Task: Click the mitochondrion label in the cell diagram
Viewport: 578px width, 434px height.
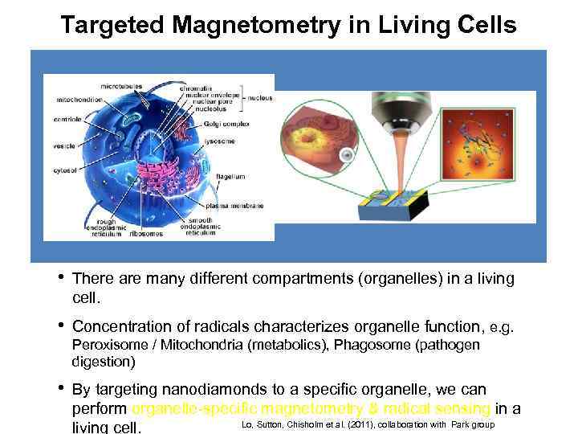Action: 78,100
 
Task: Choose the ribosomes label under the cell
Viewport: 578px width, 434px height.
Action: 147,234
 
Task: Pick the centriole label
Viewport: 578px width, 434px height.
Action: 67,120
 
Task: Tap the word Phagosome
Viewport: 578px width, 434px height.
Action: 372,346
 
